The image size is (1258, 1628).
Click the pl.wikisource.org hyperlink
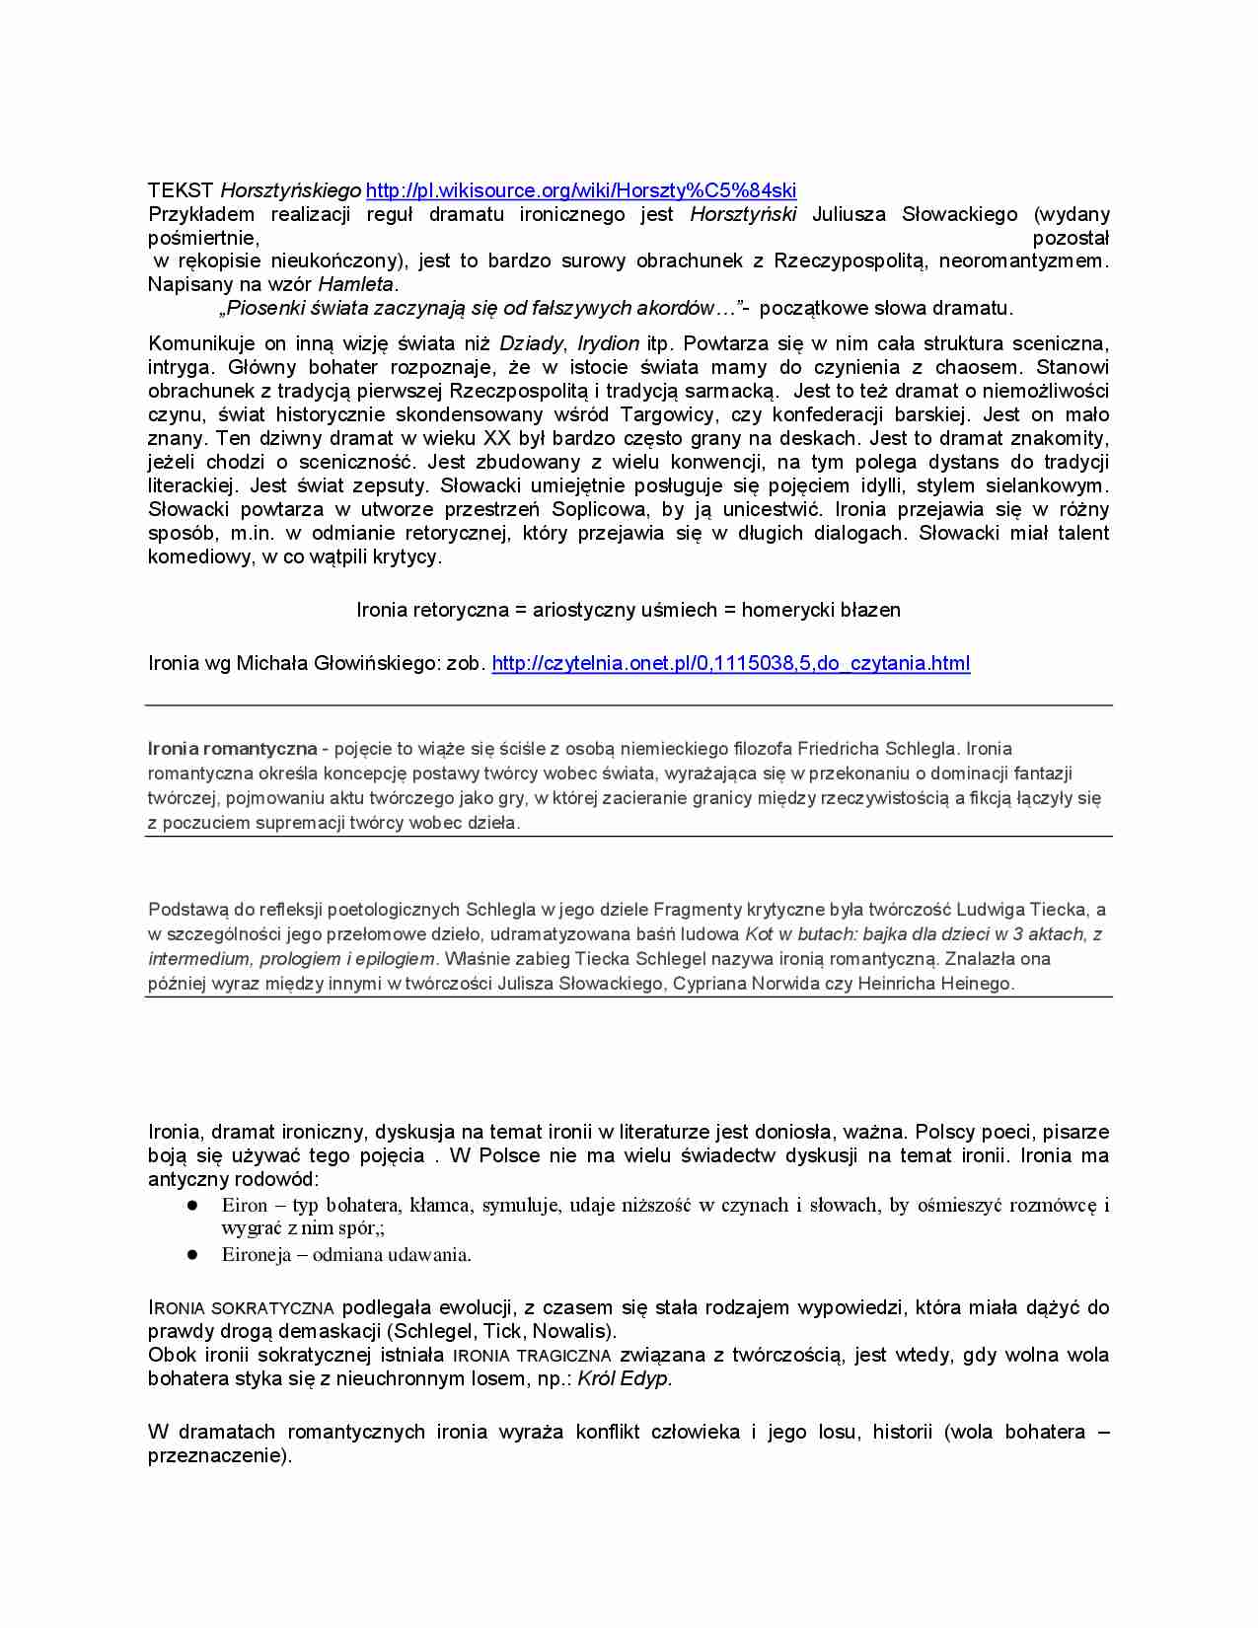click(x=580, y=190)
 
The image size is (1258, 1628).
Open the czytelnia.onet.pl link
click(x=730, y=663)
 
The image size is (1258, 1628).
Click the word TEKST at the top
click(x=181, y=190)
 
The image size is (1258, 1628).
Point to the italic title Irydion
click(x=608, y=343)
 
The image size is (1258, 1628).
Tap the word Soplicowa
click(x=601, y=509)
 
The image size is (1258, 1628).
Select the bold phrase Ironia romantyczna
click(x=232, y=749)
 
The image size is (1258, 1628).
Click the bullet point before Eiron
click(x=193, y=1205)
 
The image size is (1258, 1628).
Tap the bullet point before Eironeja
click(x=193, y=1255)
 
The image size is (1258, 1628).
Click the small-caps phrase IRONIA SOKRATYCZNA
click(x=241, y=1308)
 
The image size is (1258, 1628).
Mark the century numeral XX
click(x=497, y=438)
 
